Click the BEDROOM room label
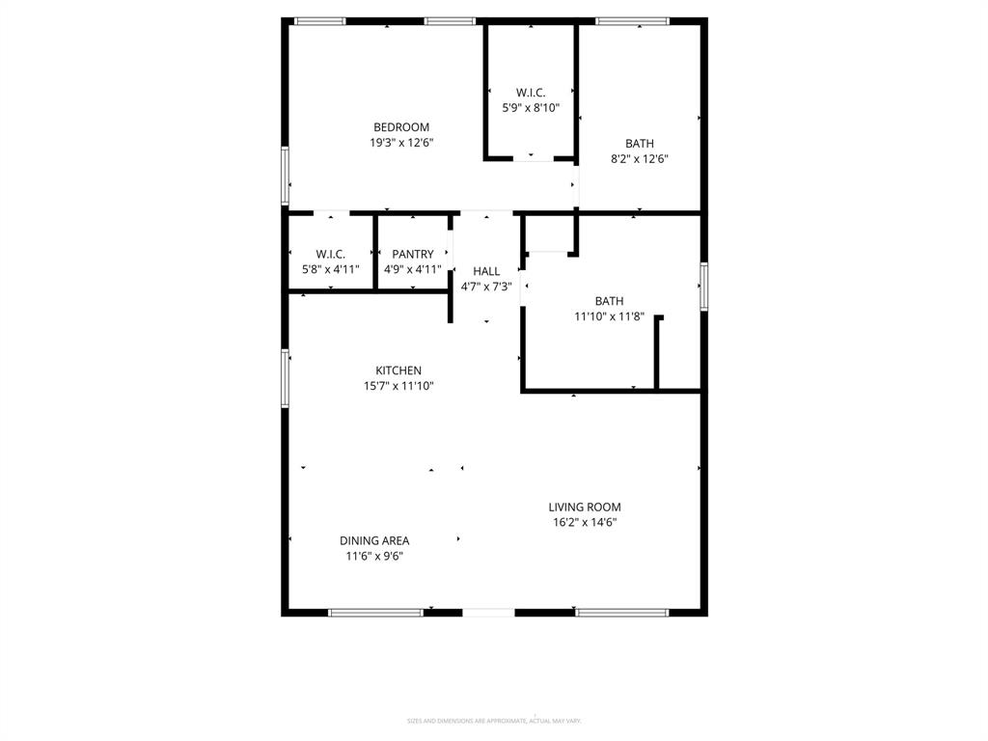pos(401,127)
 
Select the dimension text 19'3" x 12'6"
pos(401,143)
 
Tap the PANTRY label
pos(412,255)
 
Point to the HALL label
pos(486,271)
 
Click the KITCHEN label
pos(398,370)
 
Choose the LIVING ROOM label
pos(585,507)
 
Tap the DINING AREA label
pos(374,540)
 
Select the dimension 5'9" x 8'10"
pos(531,108)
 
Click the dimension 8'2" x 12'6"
pos(639,159)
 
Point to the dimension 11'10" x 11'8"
pos(609,316)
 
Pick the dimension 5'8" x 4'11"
pos(330,270)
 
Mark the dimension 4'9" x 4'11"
pos(412,270)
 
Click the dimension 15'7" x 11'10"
pos(398,386)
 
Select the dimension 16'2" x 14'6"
pos(585,522)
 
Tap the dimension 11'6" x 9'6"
pos(374,556)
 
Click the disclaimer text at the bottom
pos(494,721)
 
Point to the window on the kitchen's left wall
pos(286,378)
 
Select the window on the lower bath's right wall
pos(704,287)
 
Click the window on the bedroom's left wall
pos(286,176)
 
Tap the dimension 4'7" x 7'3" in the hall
pos(486,287)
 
